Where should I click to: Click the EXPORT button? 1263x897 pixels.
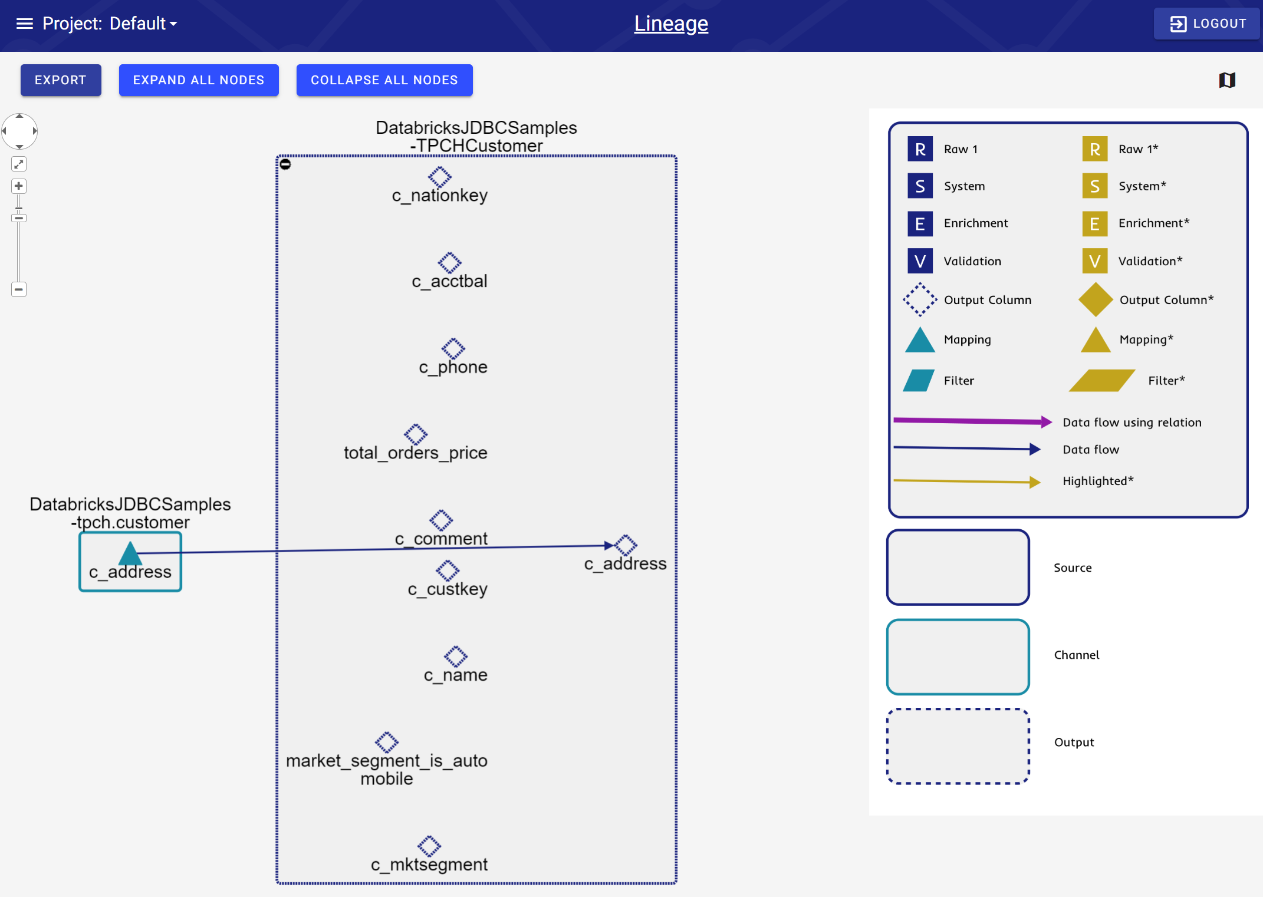(61, 80)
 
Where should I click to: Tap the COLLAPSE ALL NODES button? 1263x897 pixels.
(384, 80)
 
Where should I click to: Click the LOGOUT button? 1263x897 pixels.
(1207, 24)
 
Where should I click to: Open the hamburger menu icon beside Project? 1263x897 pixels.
(24, 24)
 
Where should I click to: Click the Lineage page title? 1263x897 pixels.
(671, 24)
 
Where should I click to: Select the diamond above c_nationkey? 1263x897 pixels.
(440, 176)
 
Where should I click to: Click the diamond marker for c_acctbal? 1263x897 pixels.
(449, 262)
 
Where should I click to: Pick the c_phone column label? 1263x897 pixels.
(453, 367)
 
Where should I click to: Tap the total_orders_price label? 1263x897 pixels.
(415, 453)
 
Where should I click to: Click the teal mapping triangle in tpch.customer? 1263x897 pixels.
(130, 553)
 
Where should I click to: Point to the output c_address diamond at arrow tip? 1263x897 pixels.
(626, 545)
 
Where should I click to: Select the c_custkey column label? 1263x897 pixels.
(448, 589)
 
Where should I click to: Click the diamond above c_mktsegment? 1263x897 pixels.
(429, 846)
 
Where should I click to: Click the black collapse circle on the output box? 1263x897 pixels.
(285, 164)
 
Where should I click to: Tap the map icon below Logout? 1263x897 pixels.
(1227, 80)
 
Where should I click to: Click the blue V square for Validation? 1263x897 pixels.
(920, 261)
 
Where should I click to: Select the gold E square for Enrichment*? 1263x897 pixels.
(1094, 224)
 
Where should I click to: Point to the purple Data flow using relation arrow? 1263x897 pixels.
(973, 421)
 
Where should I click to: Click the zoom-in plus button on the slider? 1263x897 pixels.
(19, 186)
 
